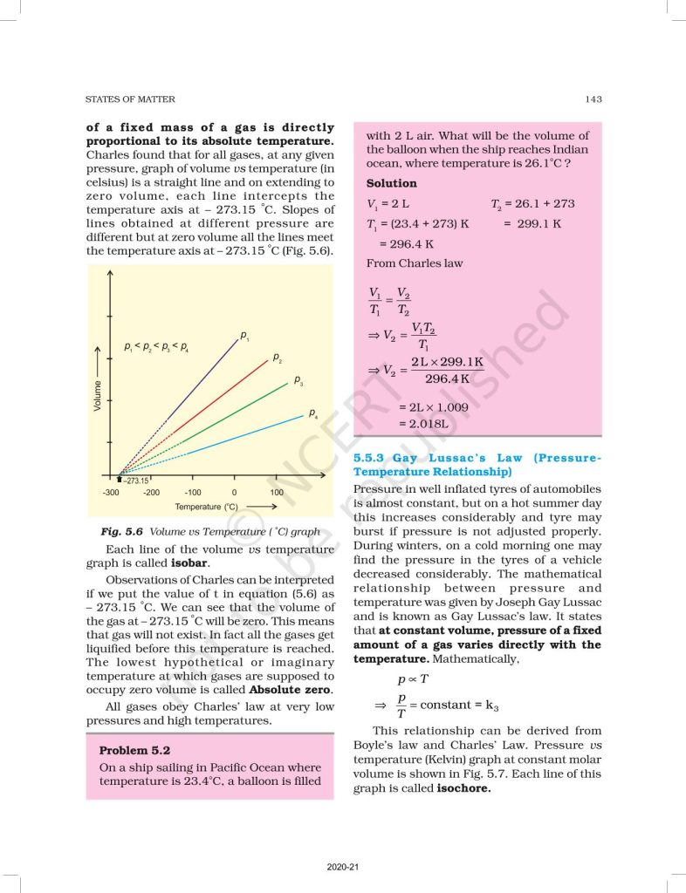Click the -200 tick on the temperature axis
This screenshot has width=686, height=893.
151,493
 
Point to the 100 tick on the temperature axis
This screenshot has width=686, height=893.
277,493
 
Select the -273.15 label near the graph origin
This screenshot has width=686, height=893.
135,481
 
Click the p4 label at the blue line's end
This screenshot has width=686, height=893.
312,412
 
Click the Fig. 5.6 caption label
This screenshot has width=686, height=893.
122,531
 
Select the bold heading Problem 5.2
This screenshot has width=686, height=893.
134,750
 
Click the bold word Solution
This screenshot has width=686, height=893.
391,183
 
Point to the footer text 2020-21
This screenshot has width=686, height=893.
343,867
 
